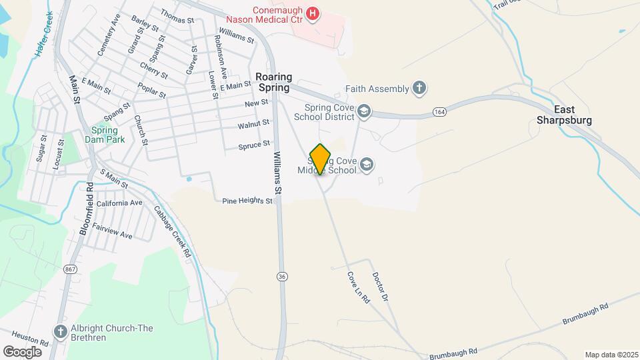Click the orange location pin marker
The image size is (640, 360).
point(320,159)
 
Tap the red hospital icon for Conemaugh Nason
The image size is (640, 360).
point(311,13)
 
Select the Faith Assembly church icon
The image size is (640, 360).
point(419,88)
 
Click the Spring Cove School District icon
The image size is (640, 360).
point(364,111)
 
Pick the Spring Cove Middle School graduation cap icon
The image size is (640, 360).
point(367,164)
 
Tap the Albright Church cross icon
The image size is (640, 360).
point(59,331)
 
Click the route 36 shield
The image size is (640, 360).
point(283,275)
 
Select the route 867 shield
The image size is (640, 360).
point(70,269)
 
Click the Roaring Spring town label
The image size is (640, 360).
point(274,82)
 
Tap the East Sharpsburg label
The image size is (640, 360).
point(564,115)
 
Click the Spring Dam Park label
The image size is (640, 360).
point(100,135)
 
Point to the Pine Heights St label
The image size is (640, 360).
point(247,200)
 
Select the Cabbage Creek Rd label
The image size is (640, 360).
point(173,231)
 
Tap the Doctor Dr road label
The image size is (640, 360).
point(380,286)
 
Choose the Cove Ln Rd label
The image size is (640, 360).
point(358,287)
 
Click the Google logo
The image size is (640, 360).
point(22,351)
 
